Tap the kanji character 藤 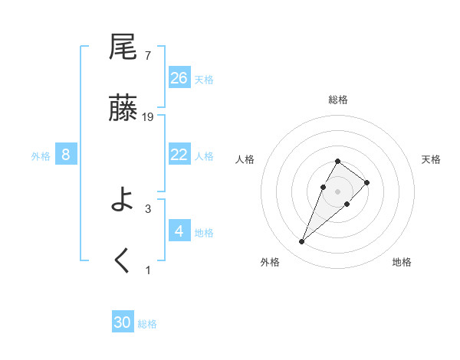pyautogui.click(x=123, y=109)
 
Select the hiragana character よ pyautogui.click(x=123, y=201)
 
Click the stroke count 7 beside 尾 pyautogui.click(x=147, y=55)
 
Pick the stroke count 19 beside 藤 pyautogui.click(x=148, y=116)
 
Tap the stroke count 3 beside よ pyautogui.click(x=147, y=208)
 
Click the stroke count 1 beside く pyautogui.click(x=147, y=270)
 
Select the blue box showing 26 pyautogui.click(x=179, y=77)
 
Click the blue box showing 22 pyautogui.click(x=179, y=154)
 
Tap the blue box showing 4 pyautogui.click(x=179, y=231)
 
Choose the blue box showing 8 pyautogui.click(x=66, y=154)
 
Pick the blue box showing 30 pyautogui.click(x=123, y=322)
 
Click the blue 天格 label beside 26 pyautogui.click(x=204, y=79)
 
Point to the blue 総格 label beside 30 pyautogui.click(x=147, y=324)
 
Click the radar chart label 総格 pyautogui.click(x=338, y=100)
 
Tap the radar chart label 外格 pyautogui.click(x=270, y=262)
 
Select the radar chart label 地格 pyautogui.click(x=402, y=262)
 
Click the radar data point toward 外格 pyautogui.click(x=302, y=242)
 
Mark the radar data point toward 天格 pyautogui.click(x=367, y=182)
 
